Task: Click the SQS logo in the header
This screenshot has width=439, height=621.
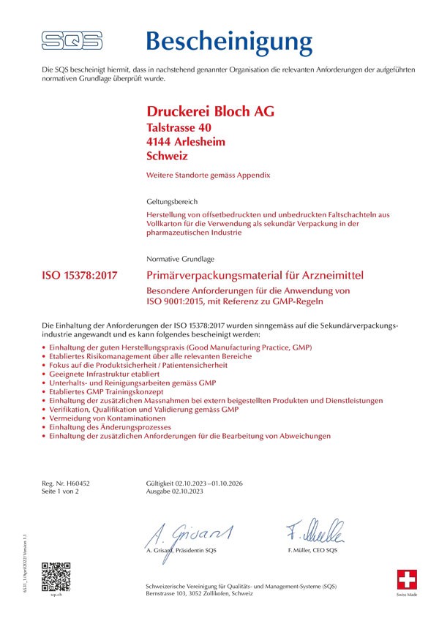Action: pos(71,39)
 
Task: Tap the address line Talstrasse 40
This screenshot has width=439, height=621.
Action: pos(180,127)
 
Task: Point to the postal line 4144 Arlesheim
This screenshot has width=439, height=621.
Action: pos(186,141)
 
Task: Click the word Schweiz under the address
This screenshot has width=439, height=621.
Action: pos(168,156)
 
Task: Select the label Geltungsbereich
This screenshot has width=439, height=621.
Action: pos(172,200)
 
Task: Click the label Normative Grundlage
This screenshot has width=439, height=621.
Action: pos(180,259)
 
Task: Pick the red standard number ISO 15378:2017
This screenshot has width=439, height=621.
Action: pos(80,276)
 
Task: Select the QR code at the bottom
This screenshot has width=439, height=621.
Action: pos(55,576)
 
